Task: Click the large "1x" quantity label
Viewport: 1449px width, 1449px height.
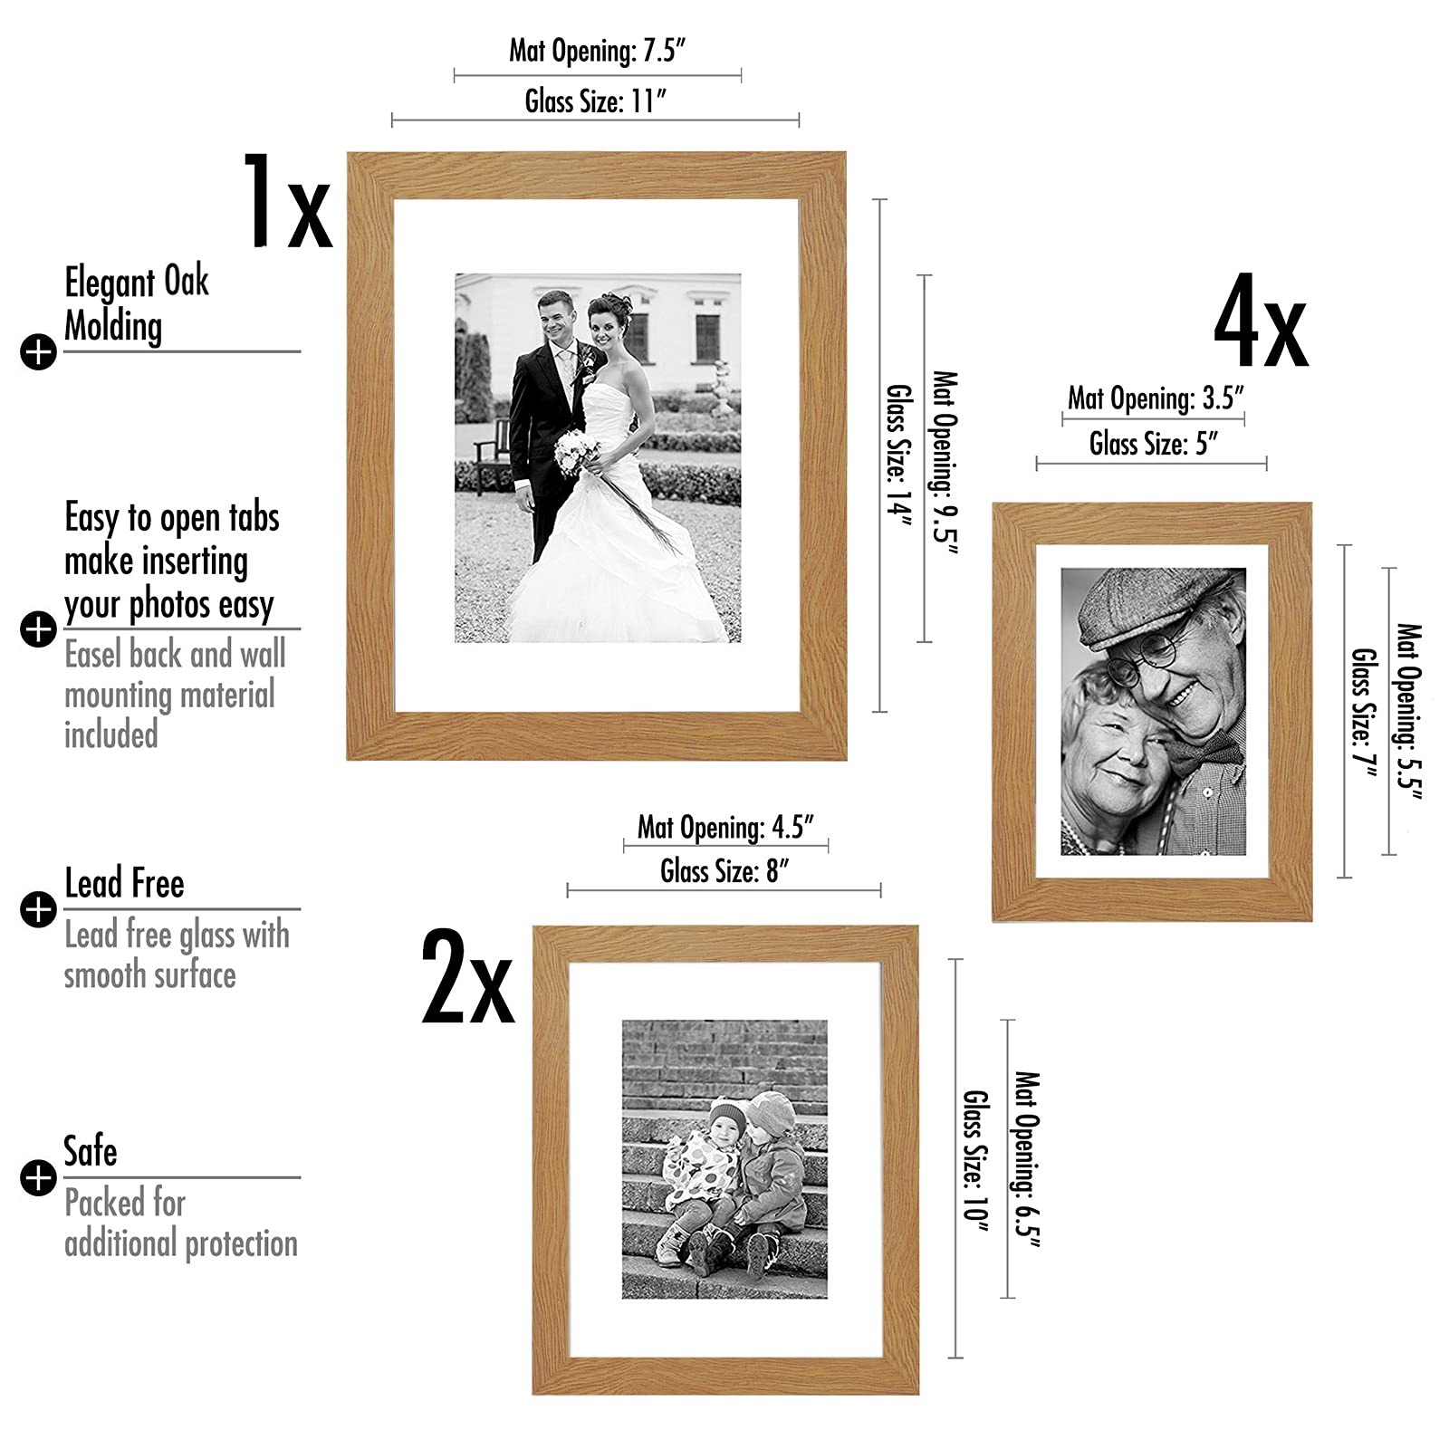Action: coord(287,201)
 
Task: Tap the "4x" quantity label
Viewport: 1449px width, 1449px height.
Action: coord(1261,323)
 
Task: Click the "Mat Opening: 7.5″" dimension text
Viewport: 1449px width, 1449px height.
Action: coord(598,50)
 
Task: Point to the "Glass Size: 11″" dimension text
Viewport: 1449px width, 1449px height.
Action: coord(596,101)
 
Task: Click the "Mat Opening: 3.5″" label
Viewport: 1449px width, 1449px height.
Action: coord(1156,398)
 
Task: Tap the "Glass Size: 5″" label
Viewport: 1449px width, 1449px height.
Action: coord(1153,443)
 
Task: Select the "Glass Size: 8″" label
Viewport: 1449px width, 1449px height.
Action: coord(724,871)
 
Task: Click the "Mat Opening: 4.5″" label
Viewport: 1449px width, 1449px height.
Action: coord(726,827)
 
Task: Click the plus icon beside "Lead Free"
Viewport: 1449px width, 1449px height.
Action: coord(38,909)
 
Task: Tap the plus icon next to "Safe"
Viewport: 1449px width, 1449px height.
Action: coord(38,1177)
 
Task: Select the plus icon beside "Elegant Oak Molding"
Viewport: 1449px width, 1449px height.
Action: coord(38,352)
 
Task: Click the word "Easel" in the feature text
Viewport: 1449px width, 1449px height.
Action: coord(94,654)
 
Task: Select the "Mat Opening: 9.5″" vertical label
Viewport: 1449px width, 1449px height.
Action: coord(945,461)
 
